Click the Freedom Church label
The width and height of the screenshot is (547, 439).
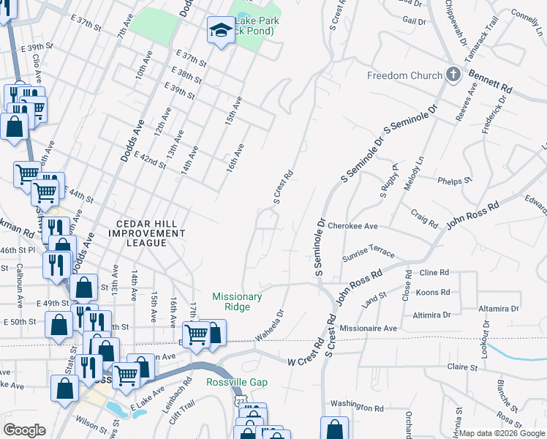404,75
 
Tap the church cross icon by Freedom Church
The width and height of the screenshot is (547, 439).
453,75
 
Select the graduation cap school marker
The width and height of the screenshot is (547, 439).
219,31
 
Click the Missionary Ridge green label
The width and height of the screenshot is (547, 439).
237,301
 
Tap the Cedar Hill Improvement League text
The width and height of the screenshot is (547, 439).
146,228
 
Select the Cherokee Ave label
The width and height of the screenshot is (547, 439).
352,227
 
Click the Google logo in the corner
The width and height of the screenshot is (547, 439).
25,430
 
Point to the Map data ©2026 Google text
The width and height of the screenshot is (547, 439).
501,433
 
